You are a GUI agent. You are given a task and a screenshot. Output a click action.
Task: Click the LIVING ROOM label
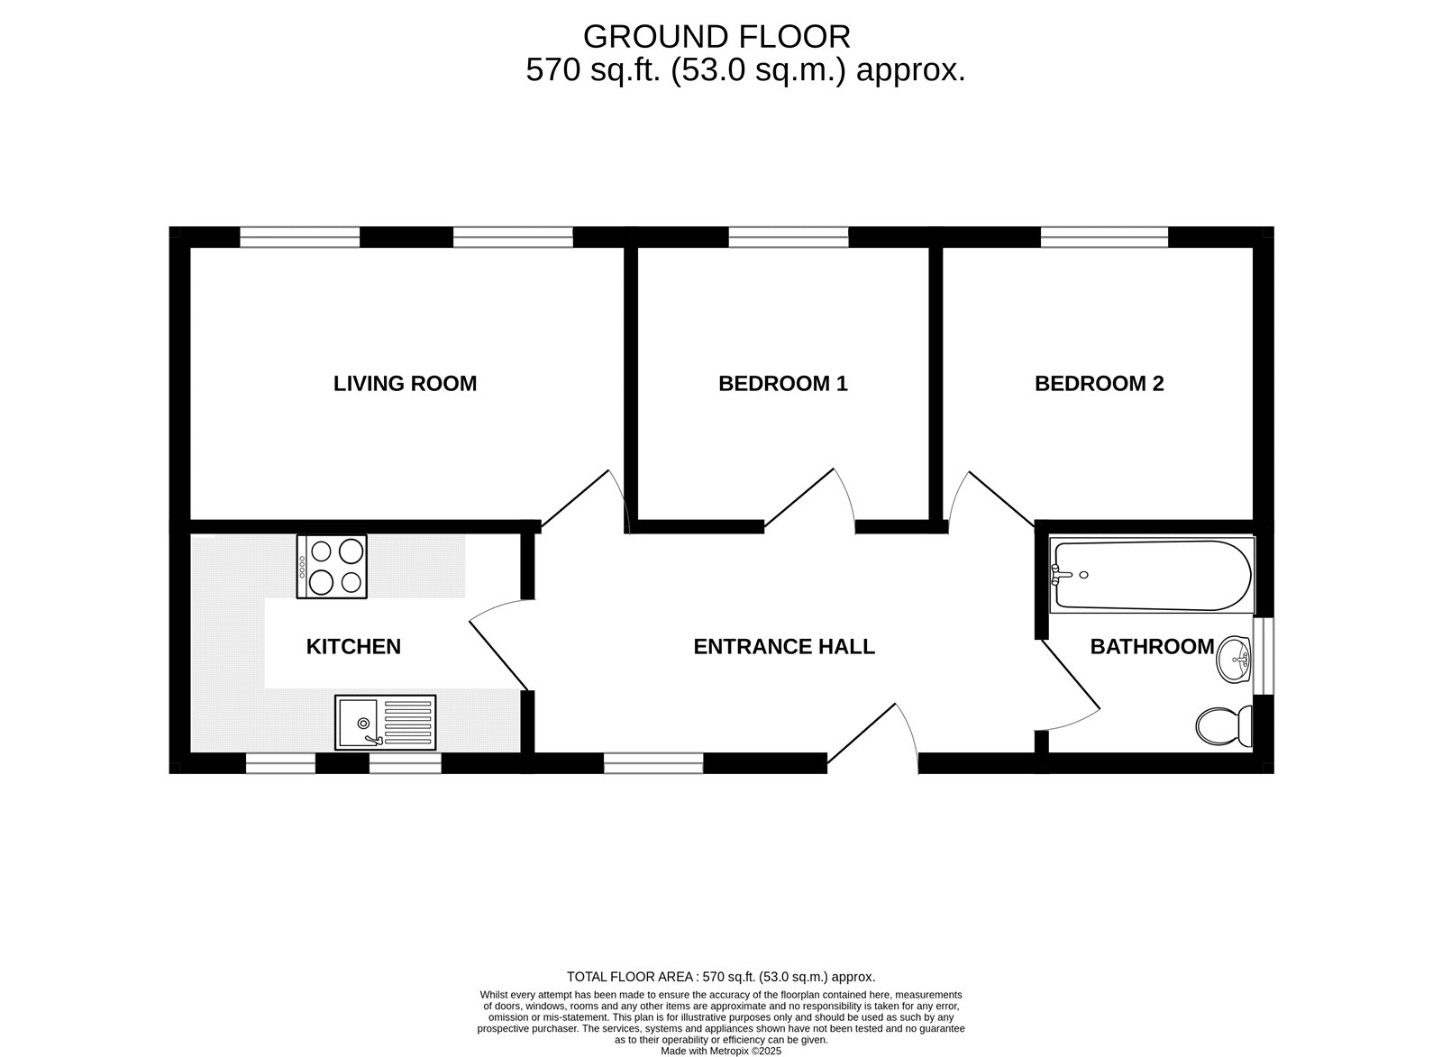tap(405, 384)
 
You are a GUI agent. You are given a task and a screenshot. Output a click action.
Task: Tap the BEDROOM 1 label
tap(782, 384)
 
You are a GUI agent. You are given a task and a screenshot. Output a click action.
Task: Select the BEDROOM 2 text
tap(1099, 384)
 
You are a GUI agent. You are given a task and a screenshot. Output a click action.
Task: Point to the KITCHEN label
tap(353, 647)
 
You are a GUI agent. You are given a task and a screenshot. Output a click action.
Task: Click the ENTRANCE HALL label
tap(784, 647)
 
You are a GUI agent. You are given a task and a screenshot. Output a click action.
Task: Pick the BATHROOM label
tap(1152, 647)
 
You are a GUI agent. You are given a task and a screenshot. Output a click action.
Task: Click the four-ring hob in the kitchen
tap(333, 567)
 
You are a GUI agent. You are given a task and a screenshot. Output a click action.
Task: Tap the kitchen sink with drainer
tap(386, 722)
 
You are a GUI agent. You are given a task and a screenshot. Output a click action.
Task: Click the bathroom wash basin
tap(1234, 661)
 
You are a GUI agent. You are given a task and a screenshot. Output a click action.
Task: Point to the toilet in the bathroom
tap(1224, 724)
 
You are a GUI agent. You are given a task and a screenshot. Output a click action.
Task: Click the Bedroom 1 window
tap(788, 237)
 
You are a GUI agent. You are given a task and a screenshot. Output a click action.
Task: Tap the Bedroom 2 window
tap(1104, 237)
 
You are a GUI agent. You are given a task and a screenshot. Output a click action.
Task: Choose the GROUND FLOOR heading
tap(716, 37)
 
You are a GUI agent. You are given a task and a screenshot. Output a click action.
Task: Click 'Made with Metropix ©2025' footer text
tap(720, 1051)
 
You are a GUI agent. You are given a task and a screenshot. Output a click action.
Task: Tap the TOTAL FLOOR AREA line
tap(720, 977)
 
